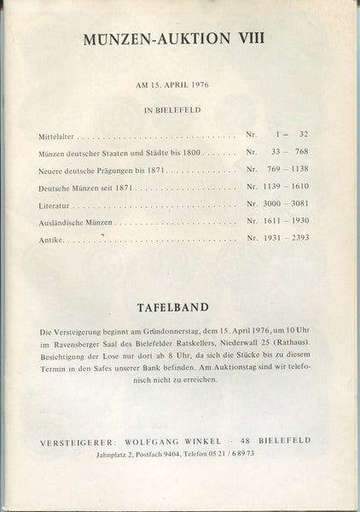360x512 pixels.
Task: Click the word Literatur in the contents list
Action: click(54, 207)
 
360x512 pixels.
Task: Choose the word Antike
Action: click(49, 242)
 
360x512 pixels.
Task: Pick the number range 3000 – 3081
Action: click(287, 207)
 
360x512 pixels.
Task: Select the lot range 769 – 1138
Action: click(288, 172)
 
